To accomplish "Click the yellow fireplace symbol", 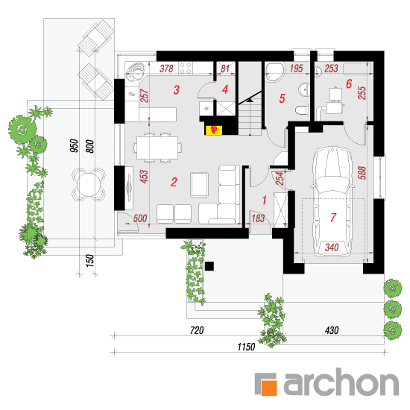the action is (213, 130).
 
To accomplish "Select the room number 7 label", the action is (333, 218).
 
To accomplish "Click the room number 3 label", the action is (177, 89).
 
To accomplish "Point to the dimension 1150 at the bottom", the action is (246, 347).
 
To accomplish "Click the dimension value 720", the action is (197, 330).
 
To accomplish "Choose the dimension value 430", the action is (332, 330).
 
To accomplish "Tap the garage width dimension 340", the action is (332, 247).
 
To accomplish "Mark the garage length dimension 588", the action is (362, 173).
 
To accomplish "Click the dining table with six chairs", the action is (157, 148).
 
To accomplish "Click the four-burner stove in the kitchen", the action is (186, 69).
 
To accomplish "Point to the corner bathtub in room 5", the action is (275, 72).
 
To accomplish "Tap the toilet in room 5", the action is (302, 110).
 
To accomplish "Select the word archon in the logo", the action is (341, 382).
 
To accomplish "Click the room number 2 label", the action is (174, 182).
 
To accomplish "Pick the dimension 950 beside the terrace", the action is (74, 145).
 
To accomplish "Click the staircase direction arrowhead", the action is (250, 100).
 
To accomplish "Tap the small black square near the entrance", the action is (209, 266).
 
